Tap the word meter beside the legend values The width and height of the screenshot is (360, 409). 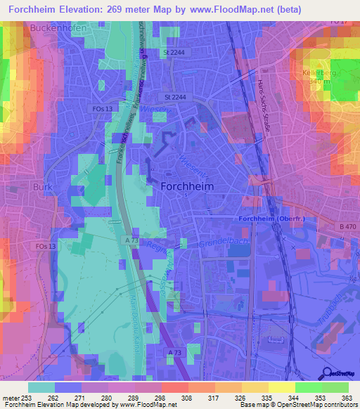(10, 398)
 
